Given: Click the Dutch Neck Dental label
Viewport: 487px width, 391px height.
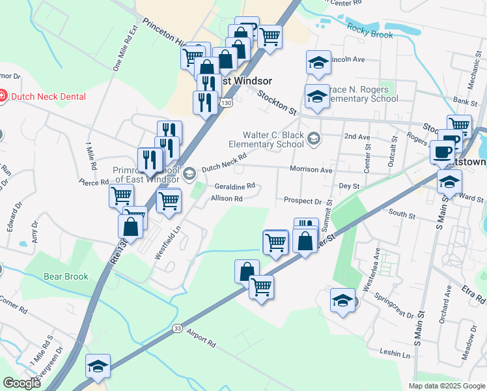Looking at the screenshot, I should click(48, 96).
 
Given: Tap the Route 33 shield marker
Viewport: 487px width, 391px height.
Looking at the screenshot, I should click(177, 328).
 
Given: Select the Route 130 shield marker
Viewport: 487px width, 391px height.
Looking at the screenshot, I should click(226, 103).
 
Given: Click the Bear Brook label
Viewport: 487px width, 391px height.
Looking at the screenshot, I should click(66, 276).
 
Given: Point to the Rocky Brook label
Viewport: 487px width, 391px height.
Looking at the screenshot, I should click(370, 31).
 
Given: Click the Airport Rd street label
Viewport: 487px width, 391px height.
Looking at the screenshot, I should click(200, 340).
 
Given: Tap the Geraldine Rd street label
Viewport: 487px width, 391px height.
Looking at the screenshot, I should click(234, 186).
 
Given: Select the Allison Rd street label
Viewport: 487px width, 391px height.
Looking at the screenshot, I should click(227, 198).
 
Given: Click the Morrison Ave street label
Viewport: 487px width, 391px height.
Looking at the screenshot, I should click(311, 169).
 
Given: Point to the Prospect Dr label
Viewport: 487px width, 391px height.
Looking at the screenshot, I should click(303, 201).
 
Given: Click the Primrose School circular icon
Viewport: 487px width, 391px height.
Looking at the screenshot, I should click(189, 173).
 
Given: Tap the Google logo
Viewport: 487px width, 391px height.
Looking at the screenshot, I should click(21, 383).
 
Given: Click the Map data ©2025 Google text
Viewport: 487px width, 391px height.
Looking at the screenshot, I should click(447, 386).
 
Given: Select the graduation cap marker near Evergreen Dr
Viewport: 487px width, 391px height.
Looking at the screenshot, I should click(98, 368).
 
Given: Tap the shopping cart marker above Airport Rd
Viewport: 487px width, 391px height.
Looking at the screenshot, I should click(262, 286).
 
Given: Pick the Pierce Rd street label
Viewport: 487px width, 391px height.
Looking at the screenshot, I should click(93, 182).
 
